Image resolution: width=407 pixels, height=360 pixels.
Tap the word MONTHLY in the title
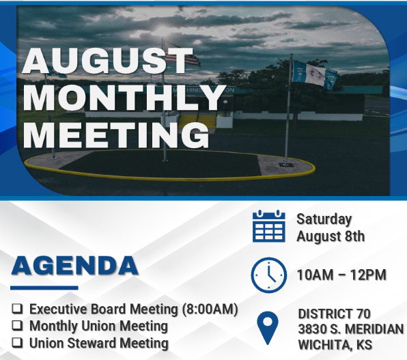[x=124, y=98]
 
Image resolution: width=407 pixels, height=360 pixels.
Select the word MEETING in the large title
[x=116, y=135]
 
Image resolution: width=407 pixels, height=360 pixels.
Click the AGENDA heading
[x=74, y=266]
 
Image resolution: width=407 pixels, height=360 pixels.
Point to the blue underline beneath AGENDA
[x=44, y=288]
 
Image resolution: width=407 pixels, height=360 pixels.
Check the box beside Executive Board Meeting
[x=17, y=309]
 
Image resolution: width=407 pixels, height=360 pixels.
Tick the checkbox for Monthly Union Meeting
[x=17, y=325]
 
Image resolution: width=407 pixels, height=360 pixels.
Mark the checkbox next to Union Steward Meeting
[x=17, y=343]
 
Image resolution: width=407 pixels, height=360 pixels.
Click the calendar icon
[x=269, y=226]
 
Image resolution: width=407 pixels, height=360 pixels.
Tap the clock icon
[x=269, y=275]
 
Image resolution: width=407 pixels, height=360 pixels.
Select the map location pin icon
[x=268, y=328]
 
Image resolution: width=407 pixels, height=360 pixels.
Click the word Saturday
[x=324, y=219]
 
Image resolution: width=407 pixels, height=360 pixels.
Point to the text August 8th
[x=331, y=236]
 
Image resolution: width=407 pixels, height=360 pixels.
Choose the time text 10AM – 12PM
[x=341, y=275]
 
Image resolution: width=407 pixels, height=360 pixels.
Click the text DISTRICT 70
[x=335, y=314]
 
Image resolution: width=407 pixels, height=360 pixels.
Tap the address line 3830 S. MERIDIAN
[x=351, y=329]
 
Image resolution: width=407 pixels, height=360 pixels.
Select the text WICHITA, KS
[x=335, y=345]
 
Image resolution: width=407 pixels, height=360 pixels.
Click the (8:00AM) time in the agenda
[x=210, y=309]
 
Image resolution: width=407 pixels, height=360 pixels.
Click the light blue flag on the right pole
[x=315, y=75]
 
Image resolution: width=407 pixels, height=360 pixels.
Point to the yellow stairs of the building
[x=197, y=122]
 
